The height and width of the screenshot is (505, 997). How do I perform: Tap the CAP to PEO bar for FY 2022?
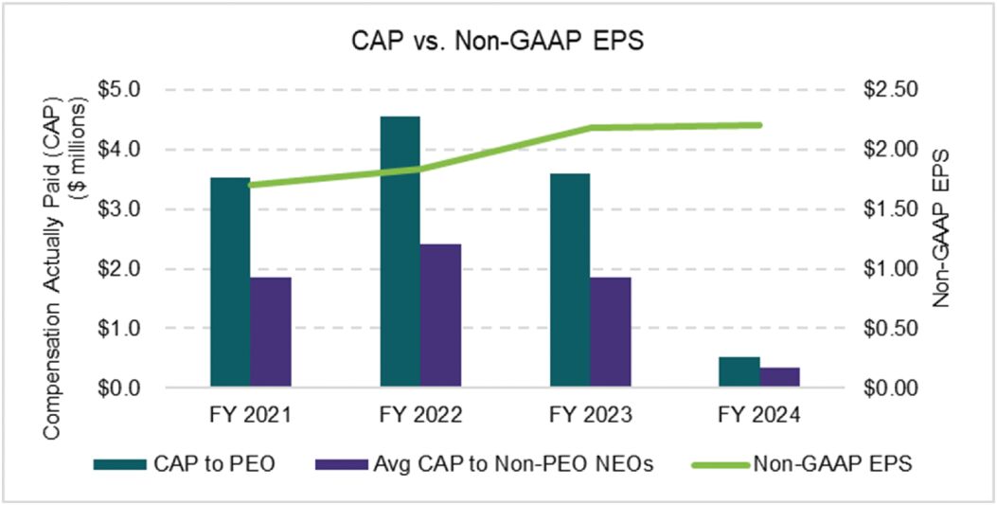[400, 252]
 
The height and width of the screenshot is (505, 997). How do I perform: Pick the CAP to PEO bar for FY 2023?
[569, 280]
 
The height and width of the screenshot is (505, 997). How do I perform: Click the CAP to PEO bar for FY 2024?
[739, 372]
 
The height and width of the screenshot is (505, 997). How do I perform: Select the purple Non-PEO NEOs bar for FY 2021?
[271, 333]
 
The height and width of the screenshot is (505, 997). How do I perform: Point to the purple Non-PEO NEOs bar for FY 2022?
[440, 316]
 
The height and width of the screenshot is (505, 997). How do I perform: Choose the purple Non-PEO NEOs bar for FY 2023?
[610, 333]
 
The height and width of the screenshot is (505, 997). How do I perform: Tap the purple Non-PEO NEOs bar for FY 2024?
[779, 377]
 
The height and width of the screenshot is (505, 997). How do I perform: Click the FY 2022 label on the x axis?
[419, 416]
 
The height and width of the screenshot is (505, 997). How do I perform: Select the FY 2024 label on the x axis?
[758, 416]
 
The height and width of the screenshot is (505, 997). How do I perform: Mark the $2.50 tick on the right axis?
[890, 89]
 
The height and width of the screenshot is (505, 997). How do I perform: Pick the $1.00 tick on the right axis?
[890, 269]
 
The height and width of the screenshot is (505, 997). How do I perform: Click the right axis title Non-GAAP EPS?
[941, 227]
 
